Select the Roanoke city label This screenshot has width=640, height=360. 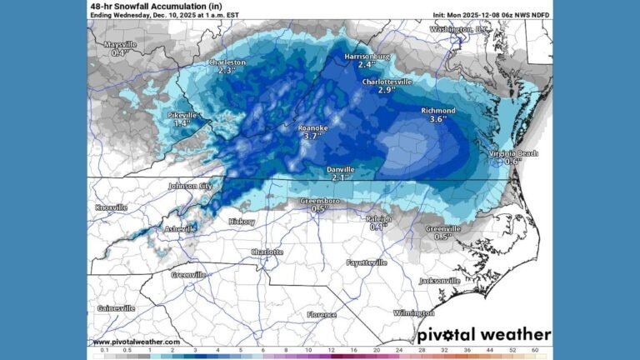[x=313, y=128]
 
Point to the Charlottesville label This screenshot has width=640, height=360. [x=387, y=82]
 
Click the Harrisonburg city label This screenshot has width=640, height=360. [x=367, y=56]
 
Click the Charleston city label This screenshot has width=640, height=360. [x=226, y=62]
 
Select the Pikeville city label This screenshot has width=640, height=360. [x=182, y=115]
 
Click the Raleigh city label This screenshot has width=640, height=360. [x=378, y=218]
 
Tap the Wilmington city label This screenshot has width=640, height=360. [x=414, y=313]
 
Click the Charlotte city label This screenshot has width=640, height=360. [x=267, y=252]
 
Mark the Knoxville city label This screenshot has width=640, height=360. [x=112, y=207]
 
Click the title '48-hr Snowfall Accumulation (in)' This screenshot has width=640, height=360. [x=143, y=5]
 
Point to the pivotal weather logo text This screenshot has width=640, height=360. [x=483, y=333]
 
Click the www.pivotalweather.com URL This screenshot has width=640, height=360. [x=136, y=342]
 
